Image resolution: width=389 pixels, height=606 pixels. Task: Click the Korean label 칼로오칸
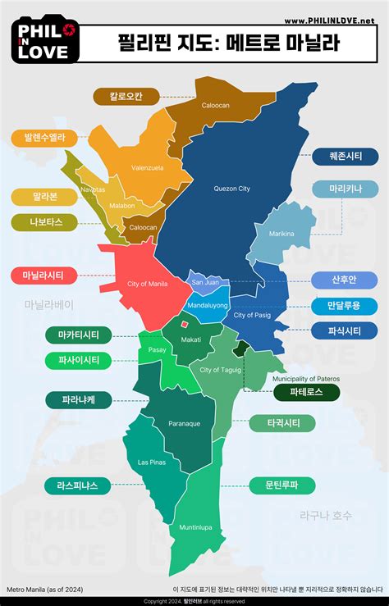tap(126, 96)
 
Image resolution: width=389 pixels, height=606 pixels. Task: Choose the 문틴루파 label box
tap(282, 484)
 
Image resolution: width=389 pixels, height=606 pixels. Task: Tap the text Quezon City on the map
tap(231, 189)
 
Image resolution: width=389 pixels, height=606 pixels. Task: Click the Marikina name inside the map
tap(281, 234)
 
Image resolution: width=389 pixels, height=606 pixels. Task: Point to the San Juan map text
tap(204, 282)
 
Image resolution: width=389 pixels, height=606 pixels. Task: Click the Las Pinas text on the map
tap(152, 462)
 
